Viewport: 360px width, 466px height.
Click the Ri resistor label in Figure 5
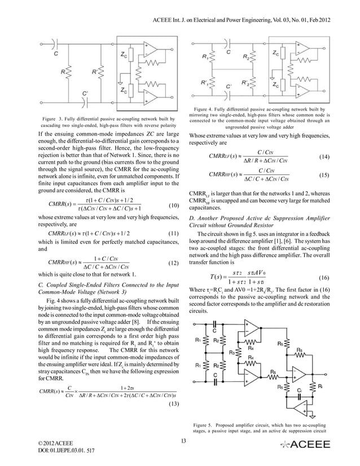pyautogui.click(x=321, y=389)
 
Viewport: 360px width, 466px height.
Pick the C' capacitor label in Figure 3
pyautogui.click(x=85, y=93)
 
